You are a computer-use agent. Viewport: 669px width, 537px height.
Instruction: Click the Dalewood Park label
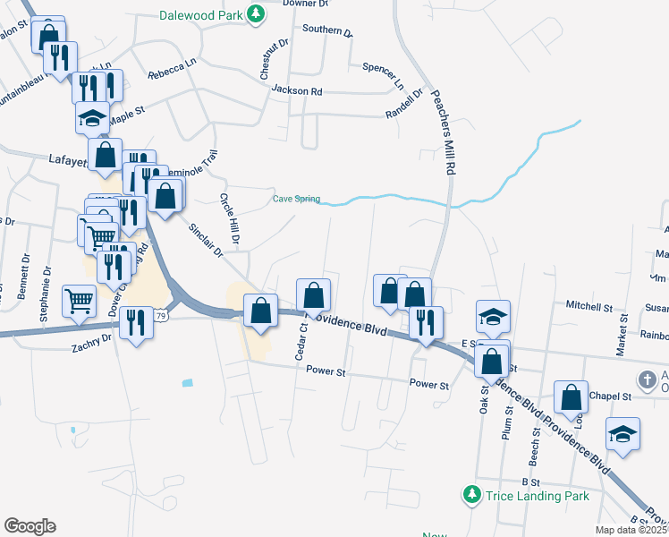[202, 15]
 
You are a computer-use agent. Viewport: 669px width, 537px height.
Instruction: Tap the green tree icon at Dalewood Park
[256, 13]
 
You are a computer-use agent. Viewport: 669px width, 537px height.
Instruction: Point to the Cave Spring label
[296, 199]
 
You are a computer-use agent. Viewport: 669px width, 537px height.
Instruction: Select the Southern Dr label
[327, 30]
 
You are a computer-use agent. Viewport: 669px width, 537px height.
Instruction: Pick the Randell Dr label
[403, 105]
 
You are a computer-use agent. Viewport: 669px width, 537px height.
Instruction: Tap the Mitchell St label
[589, 306]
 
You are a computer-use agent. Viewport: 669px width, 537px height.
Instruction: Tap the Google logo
[30, 526]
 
